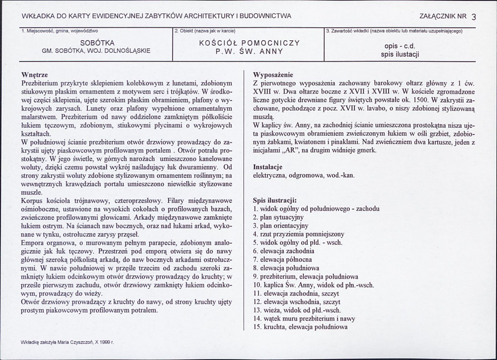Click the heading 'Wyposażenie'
pos(273,75)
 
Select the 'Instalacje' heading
pos(267,167)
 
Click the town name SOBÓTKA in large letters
pos(97,43)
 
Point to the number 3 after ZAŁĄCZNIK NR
pos(474,17)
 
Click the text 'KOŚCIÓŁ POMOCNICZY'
pos(249,43)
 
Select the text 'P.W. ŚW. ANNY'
pos(249,51)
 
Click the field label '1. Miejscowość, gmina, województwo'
pos(59,31)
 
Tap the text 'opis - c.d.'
pos(400,46)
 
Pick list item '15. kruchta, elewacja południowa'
pos(300,327)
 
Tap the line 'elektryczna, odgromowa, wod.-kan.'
pos(303,175)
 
